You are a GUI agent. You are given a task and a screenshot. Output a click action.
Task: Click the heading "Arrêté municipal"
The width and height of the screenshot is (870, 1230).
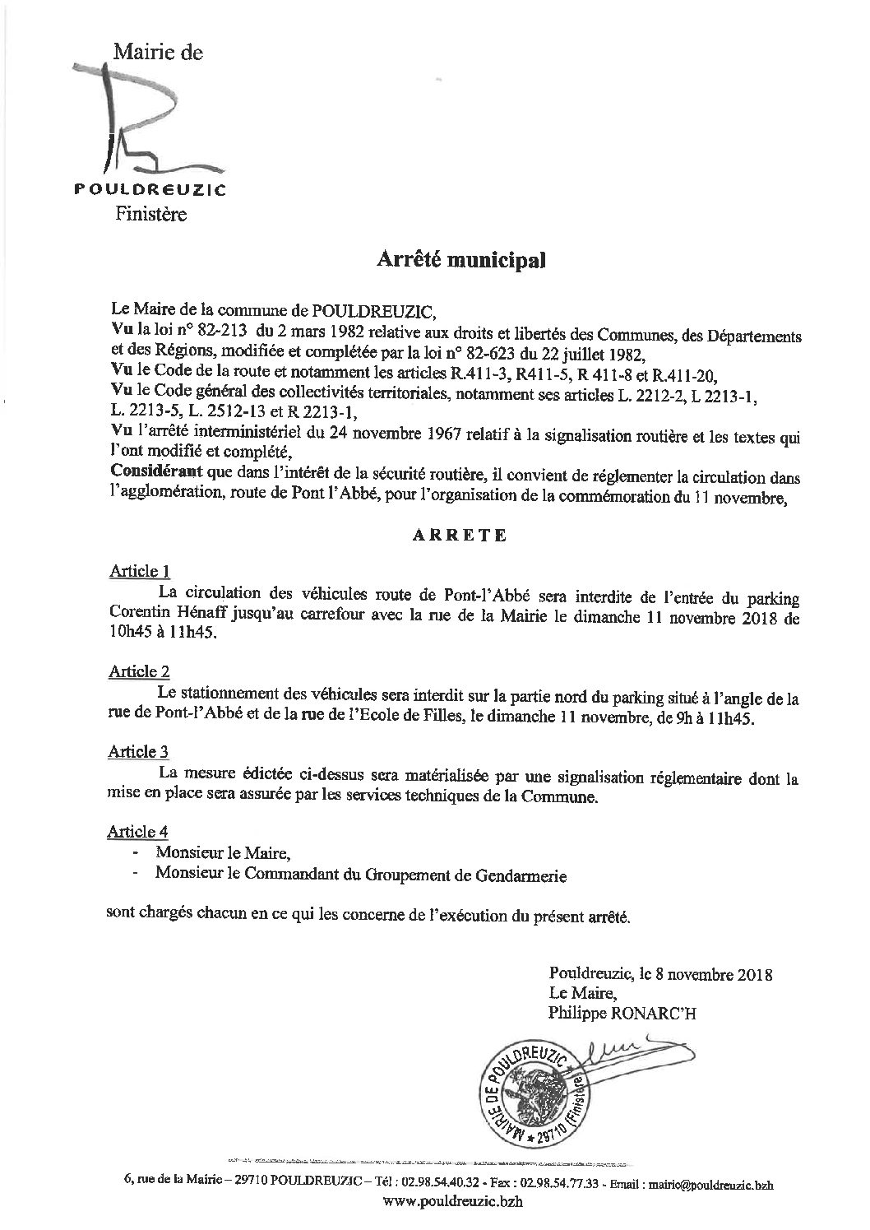click(460, 260)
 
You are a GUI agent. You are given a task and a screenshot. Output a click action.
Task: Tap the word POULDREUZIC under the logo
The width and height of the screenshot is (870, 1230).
click(150, 189)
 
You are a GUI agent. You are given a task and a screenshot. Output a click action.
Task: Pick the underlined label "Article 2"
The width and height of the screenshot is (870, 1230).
click(139, 671)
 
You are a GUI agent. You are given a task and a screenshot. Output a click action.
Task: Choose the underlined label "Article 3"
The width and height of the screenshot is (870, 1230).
click(139, 751)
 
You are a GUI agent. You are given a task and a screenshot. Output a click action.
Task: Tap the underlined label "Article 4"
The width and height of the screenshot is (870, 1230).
click(139, 833)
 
